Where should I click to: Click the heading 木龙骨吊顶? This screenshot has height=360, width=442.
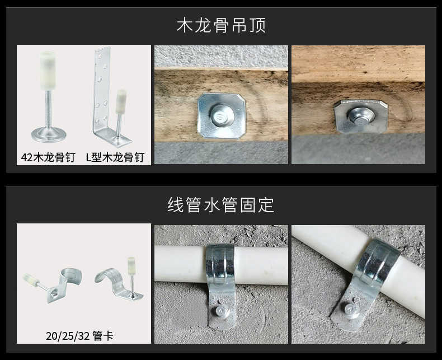click(221, 25)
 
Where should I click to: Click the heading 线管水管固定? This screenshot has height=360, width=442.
click(221, 205)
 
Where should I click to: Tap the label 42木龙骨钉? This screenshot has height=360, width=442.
click(48, 157)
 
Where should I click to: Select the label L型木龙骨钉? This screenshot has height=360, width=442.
click(115, 157)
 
